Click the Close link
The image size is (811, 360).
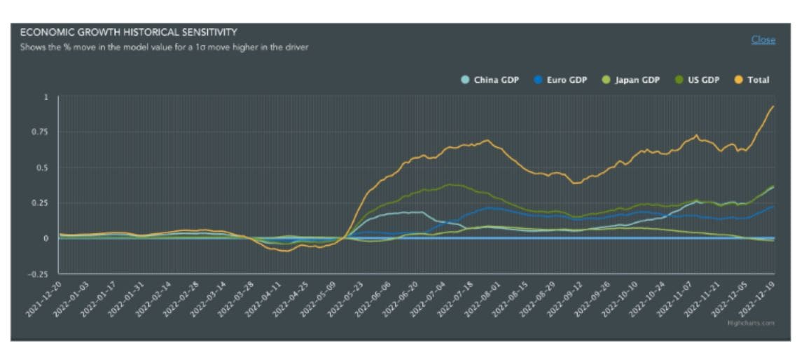point(763,40)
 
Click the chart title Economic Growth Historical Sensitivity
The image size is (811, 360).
point(128,32)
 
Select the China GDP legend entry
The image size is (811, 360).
point(496,80)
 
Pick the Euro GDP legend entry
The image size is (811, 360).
point(567,80)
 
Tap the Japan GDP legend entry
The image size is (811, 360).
point(637,80)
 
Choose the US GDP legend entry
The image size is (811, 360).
point(703,80)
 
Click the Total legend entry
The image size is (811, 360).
point(758,80)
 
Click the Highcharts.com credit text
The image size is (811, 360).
point(760,323)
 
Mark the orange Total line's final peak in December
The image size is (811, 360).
point(773,106)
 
